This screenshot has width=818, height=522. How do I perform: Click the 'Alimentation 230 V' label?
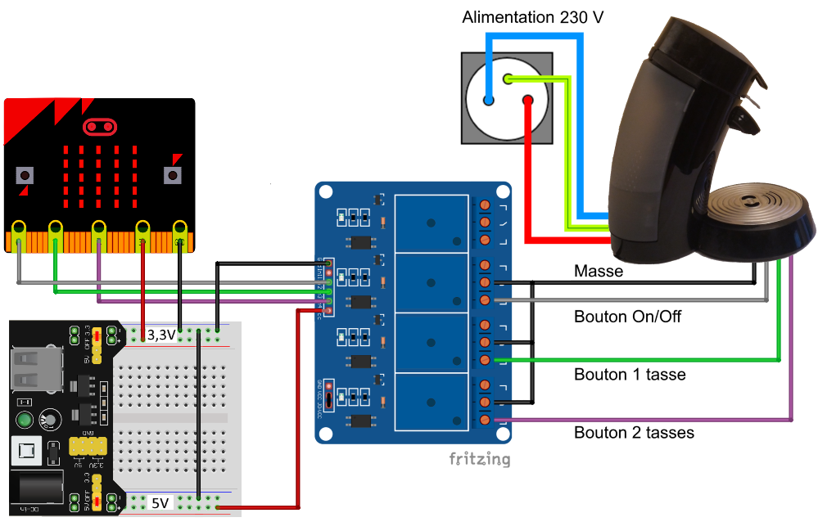[x=532, y=17]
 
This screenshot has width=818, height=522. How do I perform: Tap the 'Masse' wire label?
[x=599, y=271]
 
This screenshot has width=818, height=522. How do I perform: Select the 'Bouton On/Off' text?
[x=627, y=316]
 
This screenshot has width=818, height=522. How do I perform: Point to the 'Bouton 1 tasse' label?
[x=630, y=375]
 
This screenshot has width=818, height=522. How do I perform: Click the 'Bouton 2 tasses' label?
[x=634, y=432]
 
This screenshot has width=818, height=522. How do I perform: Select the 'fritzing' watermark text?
[x=479, y=458]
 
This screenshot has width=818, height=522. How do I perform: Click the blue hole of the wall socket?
[x=489, y=101]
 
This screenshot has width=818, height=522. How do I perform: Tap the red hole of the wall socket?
[x=528, y=101]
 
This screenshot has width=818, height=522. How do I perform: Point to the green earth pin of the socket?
[x=508, y=79]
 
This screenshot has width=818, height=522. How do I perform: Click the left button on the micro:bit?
[x=25, y=175]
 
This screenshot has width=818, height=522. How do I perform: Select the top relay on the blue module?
[x=432, y=223]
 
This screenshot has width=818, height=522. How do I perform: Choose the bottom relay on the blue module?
[x=432, y=401]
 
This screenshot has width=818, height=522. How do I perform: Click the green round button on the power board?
[x=25, y=421]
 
